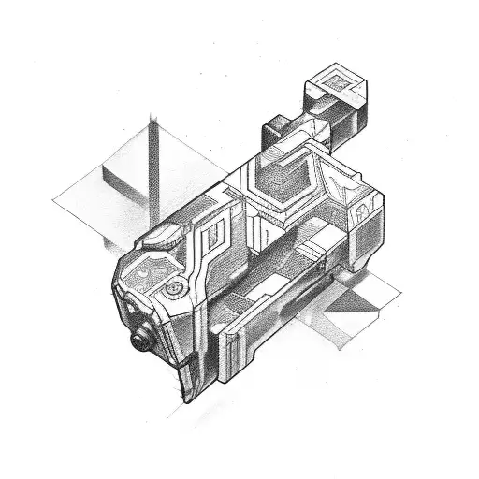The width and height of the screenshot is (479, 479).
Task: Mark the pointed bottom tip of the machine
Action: click(183, 399)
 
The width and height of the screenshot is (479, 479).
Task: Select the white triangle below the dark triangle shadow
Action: click(346, 327)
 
